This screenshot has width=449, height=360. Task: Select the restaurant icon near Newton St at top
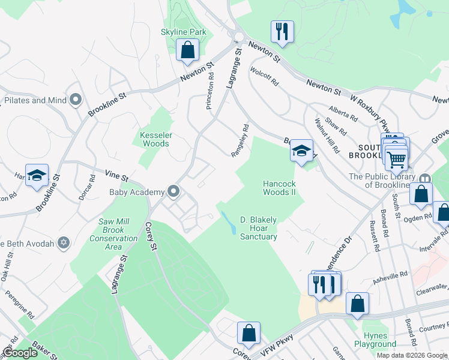[282, 32]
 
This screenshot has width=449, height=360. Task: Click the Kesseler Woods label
[155, 139]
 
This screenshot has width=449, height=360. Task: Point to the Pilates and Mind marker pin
[76, 100]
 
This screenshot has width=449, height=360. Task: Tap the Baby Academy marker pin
[174, 192]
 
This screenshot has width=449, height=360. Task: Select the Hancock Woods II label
[280, 188]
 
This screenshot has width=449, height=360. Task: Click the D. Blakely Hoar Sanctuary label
[259, 228]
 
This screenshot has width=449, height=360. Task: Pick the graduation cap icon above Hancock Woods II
[301, 151]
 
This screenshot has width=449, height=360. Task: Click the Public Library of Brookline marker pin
[426, 178]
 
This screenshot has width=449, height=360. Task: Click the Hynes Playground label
[379, 340]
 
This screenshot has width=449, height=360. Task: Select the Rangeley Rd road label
[241, 141]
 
